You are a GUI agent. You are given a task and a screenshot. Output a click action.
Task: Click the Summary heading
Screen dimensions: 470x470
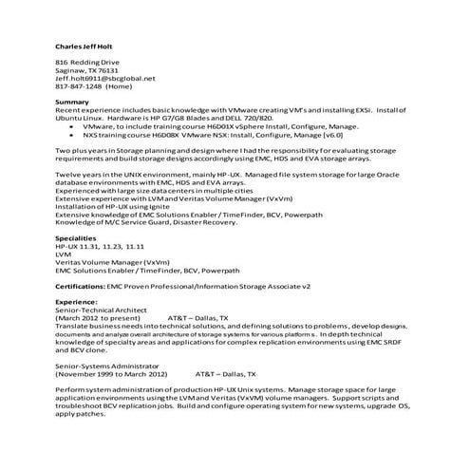tap(72, 102)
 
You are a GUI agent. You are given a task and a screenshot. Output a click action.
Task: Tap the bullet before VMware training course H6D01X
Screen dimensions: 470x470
tap(72, 126)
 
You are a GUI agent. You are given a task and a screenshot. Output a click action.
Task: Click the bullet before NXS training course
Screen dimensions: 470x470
tap(72, 134)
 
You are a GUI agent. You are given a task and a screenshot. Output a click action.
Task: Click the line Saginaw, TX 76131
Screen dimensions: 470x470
tap(87, 70)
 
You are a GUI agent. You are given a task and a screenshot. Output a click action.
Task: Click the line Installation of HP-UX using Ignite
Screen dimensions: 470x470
tap(114, 206)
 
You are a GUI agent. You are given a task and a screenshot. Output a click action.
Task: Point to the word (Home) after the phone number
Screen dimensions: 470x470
tap(120, 85)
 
